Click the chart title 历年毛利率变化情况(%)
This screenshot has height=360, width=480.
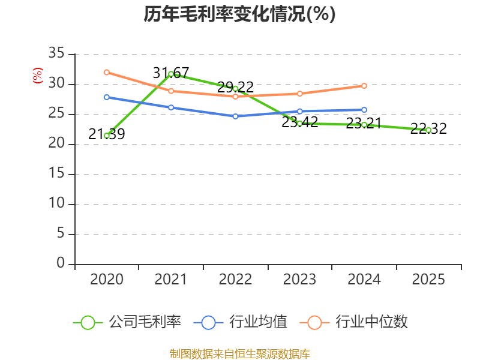pyautogui.click(x=239, y=14)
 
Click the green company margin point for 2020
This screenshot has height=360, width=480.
pyautogui.click(x=106, y=136)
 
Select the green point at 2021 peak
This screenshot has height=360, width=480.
pyautogui.click(x=171, y=74)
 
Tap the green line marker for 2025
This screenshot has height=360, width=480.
pyautogui.click(x=428, y=130)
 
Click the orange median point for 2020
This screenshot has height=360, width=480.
pyautogui.click(x=106, y=72)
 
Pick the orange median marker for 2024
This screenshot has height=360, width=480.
pyautogui.click(x=364, y=86)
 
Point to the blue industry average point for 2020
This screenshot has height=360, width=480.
pyautogui.click(x=106, y=97)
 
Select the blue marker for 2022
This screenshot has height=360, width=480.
pyautogui.click(x=235, y=116)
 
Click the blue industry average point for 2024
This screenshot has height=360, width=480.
pyautogui.click(x=364, y=110)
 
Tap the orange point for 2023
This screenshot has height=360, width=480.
pyautogui.click(x=299, y=94)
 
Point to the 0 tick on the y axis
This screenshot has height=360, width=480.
pyautogui.click(x=60, y=263)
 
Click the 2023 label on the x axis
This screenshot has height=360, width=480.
pyautogui.click(x=299, y=280)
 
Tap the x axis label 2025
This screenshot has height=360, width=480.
pyautogui.click(x=428, y=280)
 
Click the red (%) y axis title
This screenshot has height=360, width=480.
pyautogui.click(x=37, y=76)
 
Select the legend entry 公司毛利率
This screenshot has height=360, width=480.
pyautogui.click(x=127, y=322)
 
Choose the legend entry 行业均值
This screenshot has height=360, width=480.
pyautogui.click(x=241, y=322)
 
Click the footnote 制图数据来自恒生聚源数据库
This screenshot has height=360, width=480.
pyautogui.click(x=239, y=353)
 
